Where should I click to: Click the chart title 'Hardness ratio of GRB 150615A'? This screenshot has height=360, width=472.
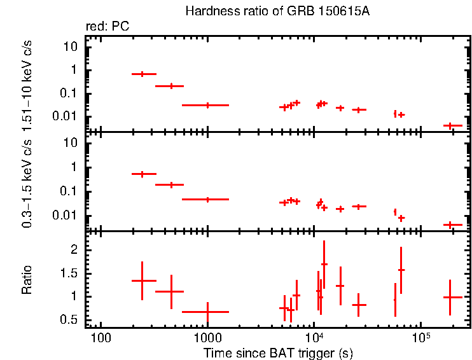pos(277,11)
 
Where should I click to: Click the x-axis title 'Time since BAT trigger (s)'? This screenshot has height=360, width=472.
pos(278,352)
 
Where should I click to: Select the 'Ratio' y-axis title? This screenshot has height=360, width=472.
pos(27,280)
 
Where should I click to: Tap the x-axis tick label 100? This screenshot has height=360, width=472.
pos(100,335)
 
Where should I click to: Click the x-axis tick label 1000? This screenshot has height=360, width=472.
pos(207,335)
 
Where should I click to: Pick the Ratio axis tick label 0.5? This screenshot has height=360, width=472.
pos(71,319)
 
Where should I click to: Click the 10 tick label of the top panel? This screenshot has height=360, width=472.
pos(72,47)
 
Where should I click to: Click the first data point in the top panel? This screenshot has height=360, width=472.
pos(143,74)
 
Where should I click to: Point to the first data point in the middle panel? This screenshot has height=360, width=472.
pos(143,174)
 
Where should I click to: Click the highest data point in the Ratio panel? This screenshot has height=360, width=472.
pos(324,263)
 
